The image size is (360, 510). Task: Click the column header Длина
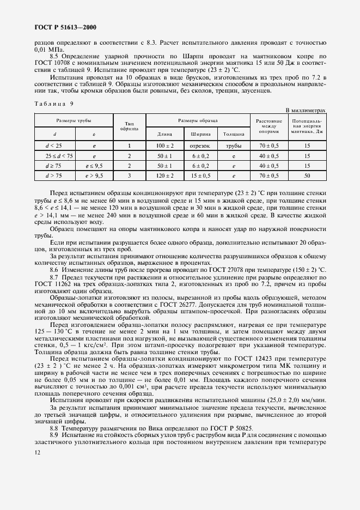(x=164, y=133)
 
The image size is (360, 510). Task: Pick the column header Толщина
(x=234, y=133)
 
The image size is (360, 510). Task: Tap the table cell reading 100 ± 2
(x=164, y=145)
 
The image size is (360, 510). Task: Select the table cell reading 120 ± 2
(x=164, y=175)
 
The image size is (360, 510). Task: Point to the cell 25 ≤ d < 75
(x=54, y=156)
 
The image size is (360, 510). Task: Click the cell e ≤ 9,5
(x=94, y=166)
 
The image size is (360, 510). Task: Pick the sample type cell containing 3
(x=130, y=175)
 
